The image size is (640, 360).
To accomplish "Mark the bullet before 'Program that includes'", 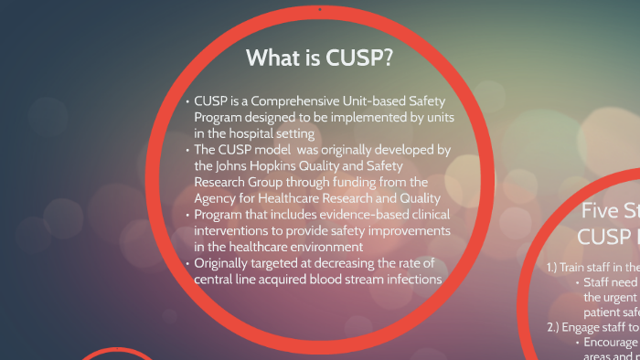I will click(x=187, y=216).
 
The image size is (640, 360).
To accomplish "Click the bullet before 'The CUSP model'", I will click(x=187, y=150).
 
